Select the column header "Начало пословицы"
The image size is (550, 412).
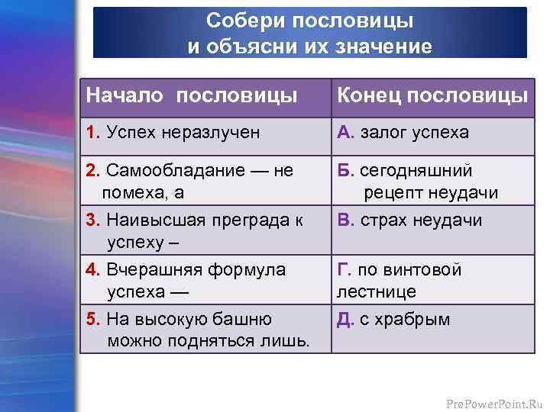(x=192, y=96)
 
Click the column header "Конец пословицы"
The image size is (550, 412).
(x=432, y=96)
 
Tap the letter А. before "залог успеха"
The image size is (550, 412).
(x=346, y=133)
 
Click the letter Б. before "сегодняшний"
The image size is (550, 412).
(x=346, y=169)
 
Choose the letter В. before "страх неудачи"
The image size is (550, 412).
(x=346, y=220)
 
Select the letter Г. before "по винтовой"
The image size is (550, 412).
(x=345, y=269)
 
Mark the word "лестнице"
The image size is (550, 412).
(x=377, y=291)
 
